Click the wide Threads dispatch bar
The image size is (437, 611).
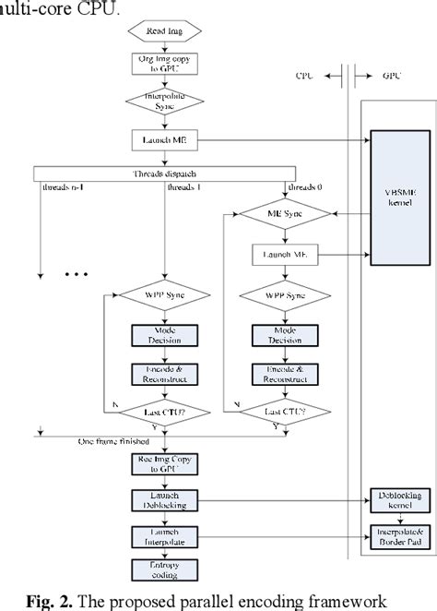pos(161,173)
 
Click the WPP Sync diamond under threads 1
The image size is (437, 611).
pos(161,296)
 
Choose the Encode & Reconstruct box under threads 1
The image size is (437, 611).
pos(161,375)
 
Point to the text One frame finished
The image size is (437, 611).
pos(115,441)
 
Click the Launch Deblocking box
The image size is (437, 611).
pos(161,502)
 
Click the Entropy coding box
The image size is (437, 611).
pos(161,569)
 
